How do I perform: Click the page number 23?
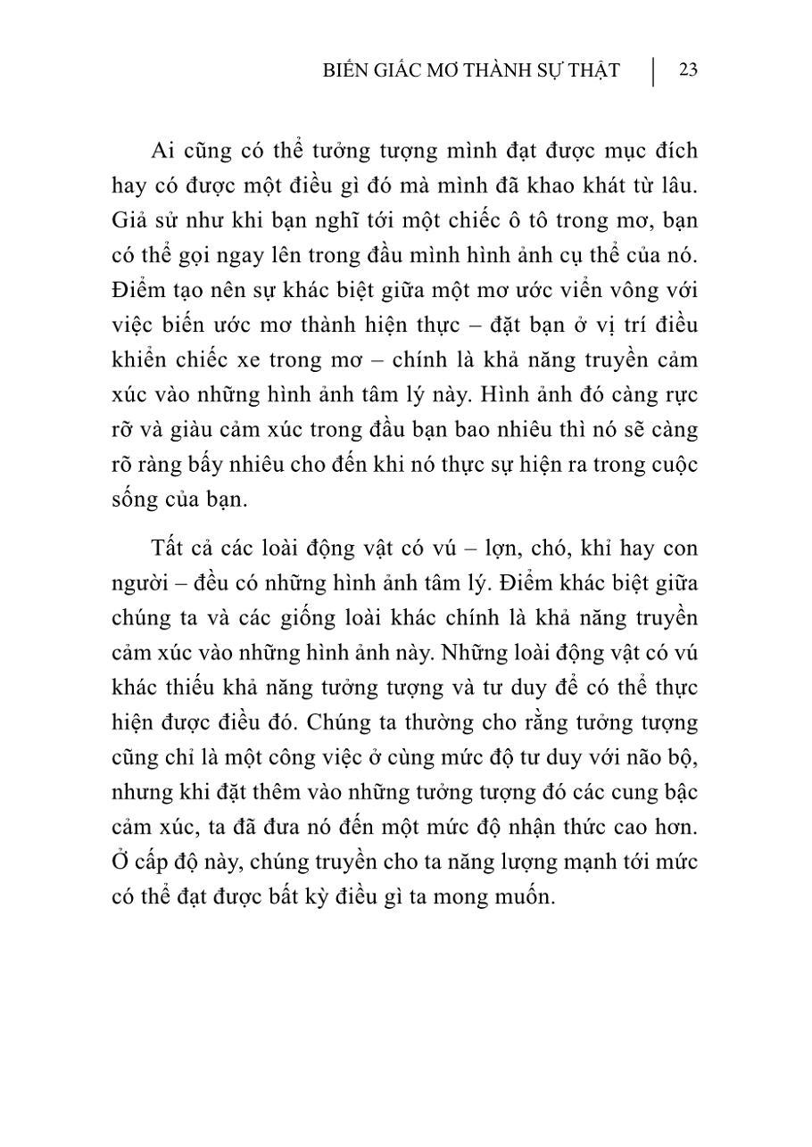pyautogui.click(x=688, y=70)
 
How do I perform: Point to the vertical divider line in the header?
pyautogui.click(x=653, y=71)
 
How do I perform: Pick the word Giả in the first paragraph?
pyautogui.click(x=130, y=220)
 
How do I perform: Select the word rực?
pyautogui.click(x=681, y=394)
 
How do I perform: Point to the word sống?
pyautogui.click(x=135, y=499)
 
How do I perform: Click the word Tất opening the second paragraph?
pyautogui.click(x=169, y=547)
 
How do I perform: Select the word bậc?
pyautogui.click(x=679, y=792)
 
